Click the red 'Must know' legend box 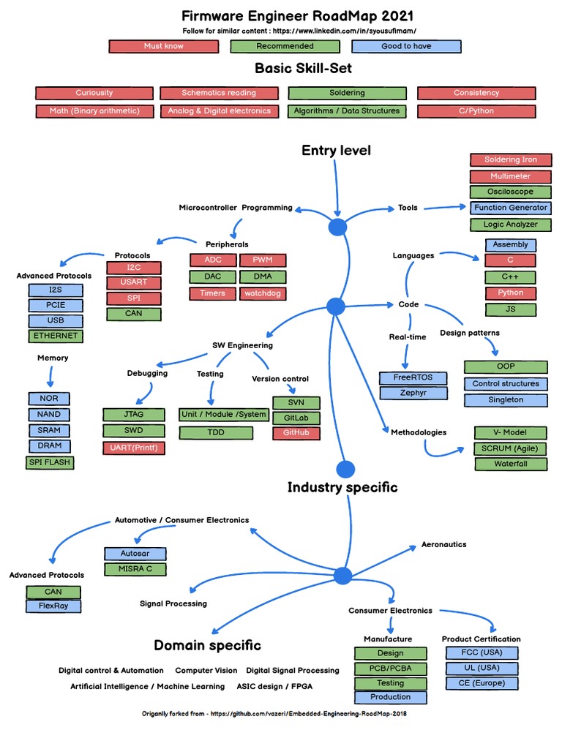(163, 46)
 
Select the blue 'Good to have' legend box (406, 46)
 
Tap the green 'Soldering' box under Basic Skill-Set (347, 93)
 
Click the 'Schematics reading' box (219, 93)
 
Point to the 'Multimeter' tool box (510, 176)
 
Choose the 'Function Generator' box (510, 208)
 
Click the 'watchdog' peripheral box (262, 293)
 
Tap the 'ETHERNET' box (55, 336)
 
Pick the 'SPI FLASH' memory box (50, 462)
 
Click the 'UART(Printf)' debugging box (133, 448)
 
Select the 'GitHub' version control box (296, 433)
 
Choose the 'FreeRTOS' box (413, 378)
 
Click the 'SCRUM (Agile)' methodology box (510, 448)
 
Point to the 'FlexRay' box (53, 606)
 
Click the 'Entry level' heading (336, 151)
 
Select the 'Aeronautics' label (443, 544)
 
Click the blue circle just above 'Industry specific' (345, 469)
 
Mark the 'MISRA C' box (135, 568)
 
